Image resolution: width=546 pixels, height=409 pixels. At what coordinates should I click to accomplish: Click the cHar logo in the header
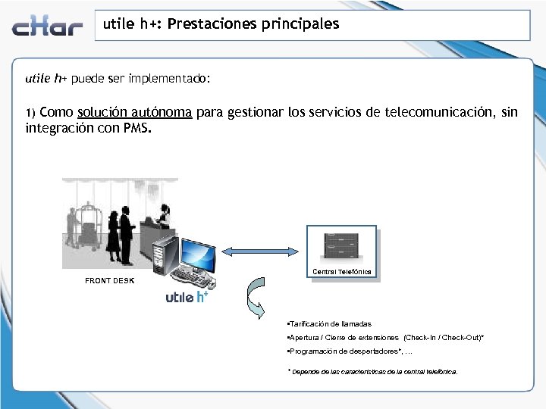47,27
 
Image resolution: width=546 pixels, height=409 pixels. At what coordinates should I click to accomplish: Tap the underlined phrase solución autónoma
134,113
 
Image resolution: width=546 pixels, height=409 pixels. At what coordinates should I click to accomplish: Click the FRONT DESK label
109,280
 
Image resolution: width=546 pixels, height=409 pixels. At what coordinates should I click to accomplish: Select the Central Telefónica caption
341,271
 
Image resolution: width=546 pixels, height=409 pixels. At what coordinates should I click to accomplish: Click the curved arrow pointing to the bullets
256,298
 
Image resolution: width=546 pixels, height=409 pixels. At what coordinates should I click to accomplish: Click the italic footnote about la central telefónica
372,372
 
